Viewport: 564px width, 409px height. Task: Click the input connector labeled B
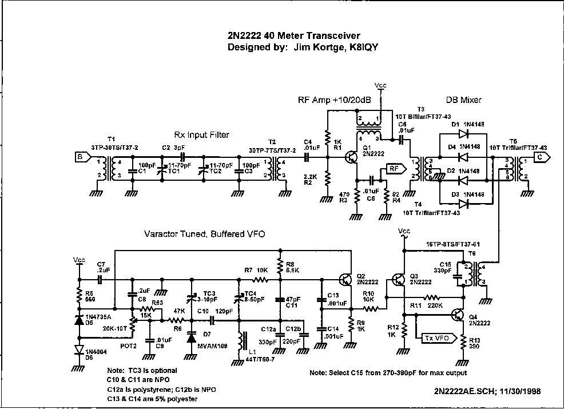coord(80,156)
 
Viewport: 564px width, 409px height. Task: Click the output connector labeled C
coord(539,156)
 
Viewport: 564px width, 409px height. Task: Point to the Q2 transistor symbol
coord(345,279)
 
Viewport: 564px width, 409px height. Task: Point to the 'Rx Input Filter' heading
coord(201,135)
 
